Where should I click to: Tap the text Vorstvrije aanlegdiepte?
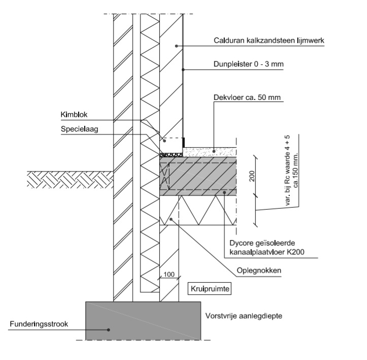[244, 316]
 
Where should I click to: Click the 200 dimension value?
[252, 176]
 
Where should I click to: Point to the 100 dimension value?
[169, 275]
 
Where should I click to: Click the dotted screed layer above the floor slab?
[208, 151]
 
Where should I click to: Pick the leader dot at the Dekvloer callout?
[214, 151]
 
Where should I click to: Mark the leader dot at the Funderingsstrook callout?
[108, 329]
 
